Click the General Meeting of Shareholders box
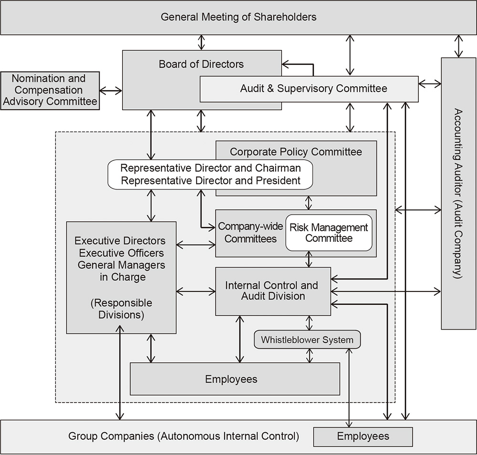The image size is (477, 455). pos(238,17)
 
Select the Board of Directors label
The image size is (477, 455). pos(201,64)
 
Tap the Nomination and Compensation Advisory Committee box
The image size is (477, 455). pos(50,90)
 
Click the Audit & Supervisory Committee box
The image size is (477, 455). pos(313,89)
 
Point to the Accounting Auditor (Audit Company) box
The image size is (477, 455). pos(458,193)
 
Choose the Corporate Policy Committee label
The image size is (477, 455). pos(296,152)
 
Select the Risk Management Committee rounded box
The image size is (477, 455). pos(329,233)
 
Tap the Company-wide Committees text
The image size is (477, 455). pos(250,233)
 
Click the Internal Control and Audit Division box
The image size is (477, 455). pos(272,291)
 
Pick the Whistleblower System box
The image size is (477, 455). pos(307,340)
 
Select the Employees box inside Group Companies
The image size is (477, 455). pos(363,436)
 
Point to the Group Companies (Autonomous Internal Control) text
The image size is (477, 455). pos(184,436)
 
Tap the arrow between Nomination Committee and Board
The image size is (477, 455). pos(111,90)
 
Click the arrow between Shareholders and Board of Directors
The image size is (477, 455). pos(202,42)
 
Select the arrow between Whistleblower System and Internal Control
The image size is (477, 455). pos(309,323)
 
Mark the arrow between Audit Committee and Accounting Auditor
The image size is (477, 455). pos(430,84)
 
